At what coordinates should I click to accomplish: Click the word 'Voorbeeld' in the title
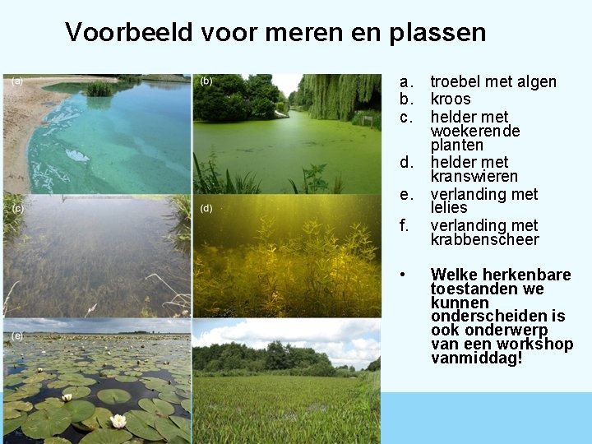pyautogui.click(x=127, y=32)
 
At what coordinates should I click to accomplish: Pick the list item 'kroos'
pyautogui.click(x=451, y=99)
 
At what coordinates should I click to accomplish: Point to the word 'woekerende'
pyautogui.click(x=475, y=131)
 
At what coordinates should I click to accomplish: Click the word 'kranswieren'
pyautogui.click(x=474, y=177)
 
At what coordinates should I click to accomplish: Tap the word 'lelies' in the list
pyautogui.click(x=449, y=208)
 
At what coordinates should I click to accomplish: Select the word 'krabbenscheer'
pyautogui.click(x=484, y=239)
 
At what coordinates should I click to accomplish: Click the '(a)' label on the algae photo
pyautogui.click(x=17, y=81)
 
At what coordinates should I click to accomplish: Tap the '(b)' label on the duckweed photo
pyautogui.click(x=206, y=81)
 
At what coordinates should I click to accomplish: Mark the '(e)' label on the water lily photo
pyautogui.click(x=17, y=335)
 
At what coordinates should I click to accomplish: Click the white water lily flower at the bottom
pyautogui.click(x=118, y=421)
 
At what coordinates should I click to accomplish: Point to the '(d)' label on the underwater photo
pyautogui.click(x=206, y=209)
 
